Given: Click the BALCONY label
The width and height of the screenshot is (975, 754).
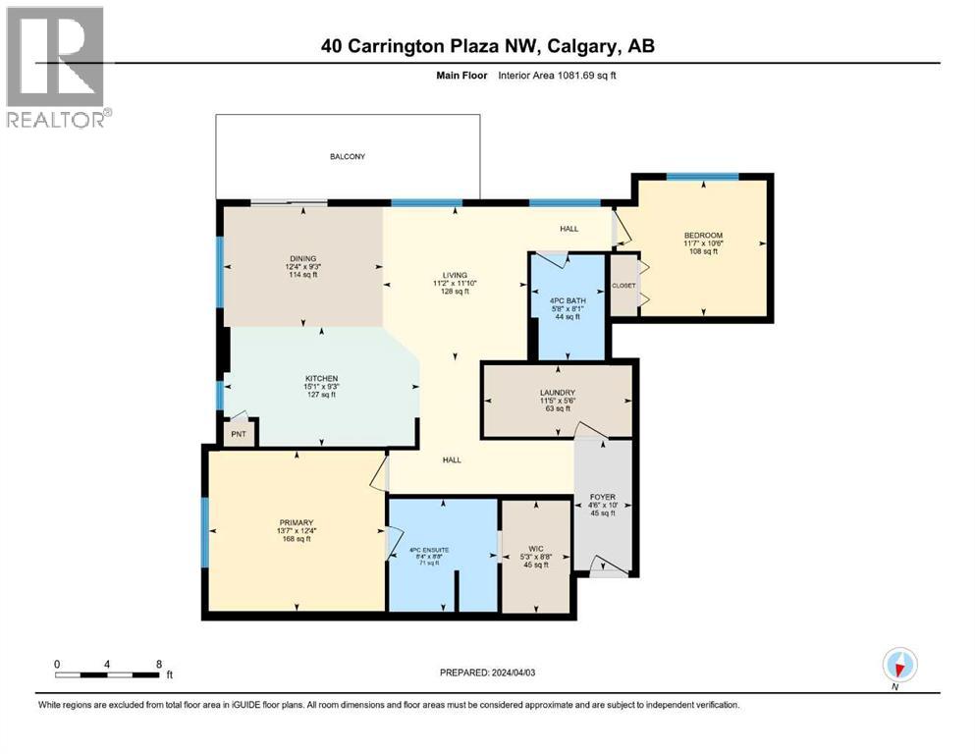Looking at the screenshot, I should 347,156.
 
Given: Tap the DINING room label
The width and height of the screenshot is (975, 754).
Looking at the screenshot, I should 302,259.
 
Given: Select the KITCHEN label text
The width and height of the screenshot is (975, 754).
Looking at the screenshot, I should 321,378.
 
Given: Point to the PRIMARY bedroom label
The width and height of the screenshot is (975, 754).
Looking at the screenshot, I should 296,522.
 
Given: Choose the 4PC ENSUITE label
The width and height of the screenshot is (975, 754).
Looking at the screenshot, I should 429,550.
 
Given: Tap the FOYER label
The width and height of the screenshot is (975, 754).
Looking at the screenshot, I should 603,497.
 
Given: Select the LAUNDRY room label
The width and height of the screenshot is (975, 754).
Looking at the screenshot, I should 556,393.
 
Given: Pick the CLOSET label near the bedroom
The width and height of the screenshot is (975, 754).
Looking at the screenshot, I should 623,286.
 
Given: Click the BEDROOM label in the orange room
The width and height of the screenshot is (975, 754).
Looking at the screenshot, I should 703,235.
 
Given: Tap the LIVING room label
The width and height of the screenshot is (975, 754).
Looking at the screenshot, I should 454,275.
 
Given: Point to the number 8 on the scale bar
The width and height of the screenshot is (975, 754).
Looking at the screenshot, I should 158,663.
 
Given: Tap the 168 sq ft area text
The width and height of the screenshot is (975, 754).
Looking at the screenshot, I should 296,539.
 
